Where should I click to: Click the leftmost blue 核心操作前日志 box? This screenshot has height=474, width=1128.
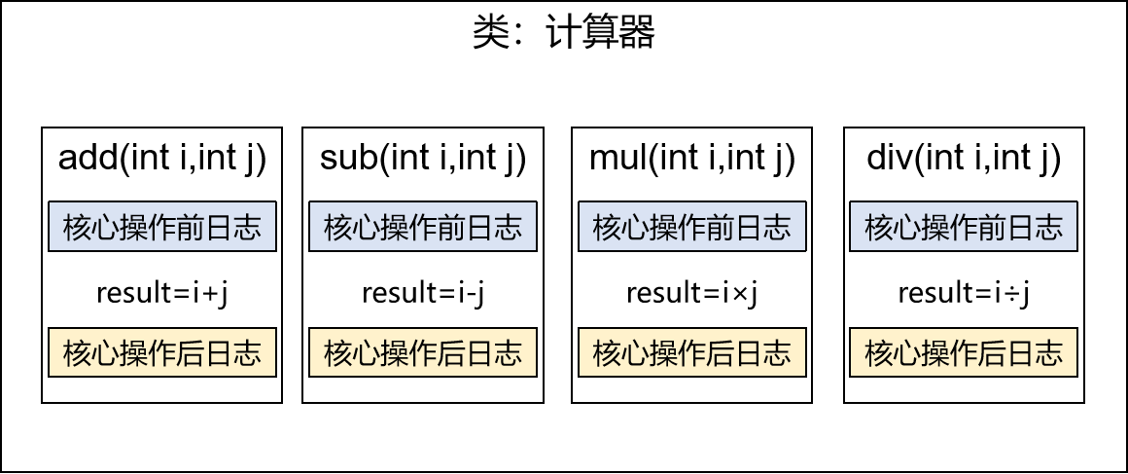(162, 227)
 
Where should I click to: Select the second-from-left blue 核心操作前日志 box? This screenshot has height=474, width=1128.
(423, 227)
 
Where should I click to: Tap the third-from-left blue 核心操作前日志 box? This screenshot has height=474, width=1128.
(692, 227)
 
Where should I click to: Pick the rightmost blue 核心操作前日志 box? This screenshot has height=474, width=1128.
(964, 227)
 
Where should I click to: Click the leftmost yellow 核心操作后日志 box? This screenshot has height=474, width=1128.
(162, 352)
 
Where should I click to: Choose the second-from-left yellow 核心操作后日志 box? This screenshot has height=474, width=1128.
(423, 352)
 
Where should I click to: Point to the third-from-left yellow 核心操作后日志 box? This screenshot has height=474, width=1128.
(692, 352)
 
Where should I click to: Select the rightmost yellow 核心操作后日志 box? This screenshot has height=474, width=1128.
(964, 352)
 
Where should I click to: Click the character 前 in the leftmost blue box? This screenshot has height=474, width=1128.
(191, 228)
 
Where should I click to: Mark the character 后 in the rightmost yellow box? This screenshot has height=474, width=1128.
(992, 353)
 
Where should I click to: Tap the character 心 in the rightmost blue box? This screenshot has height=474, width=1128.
(906, 228)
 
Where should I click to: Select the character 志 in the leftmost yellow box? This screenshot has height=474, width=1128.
(247, 353)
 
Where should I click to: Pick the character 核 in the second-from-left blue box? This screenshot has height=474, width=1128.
(337, 228)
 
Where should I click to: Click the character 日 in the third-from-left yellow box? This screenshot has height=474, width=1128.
(749, 353)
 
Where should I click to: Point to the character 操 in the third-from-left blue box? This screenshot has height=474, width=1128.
(664, 228)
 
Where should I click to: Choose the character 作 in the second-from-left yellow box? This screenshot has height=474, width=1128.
(423, 353)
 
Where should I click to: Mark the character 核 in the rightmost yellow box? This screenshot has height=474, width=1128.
(878, 353)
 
